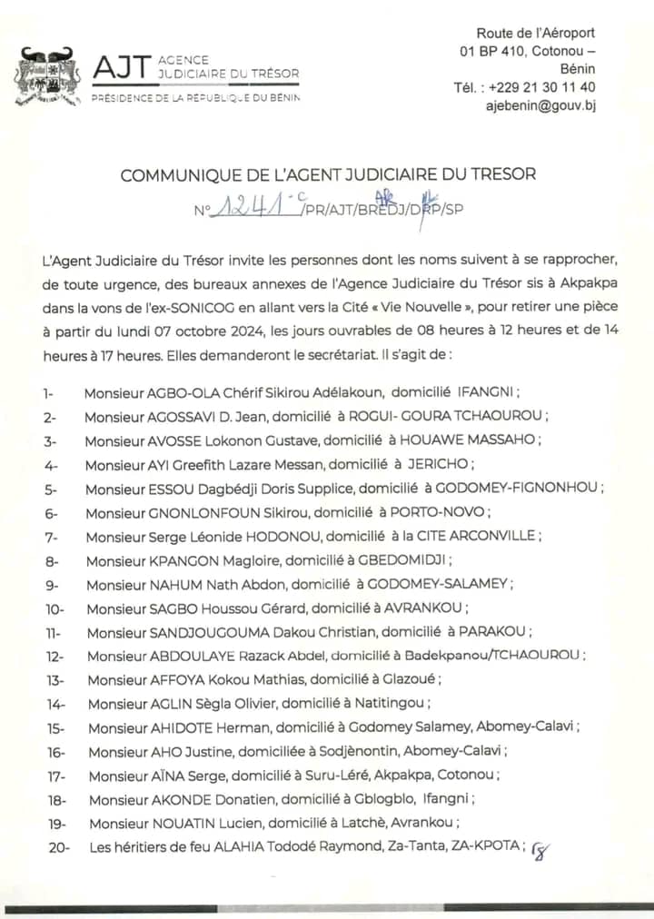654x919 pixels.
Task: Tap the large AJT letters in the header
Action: pyautogui.click(x=120, y=67)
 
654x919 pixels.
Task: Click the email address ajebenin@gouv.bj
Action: pyautogui.click(x=541, y=105)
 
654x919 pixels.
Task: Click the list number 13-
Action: pyautogui.click(x=52, y=679)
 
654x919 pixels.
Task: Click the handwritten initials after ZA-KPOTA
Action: pyautogui.click(x=541, y=851)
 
